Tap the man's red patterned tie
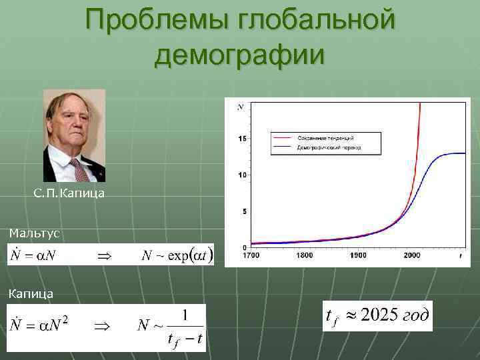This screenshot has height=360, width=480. [81, 170]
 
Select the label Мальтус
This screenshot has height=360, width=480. [35, 233]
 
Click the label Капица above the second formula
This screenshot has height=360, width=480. [31, 293]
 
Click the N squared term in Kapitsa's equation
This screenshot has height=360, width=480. [59, 325]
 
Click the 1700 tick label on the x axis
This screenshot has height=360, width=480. [250, 255]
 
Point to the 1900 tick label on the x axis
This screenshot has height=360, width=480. [357, 255]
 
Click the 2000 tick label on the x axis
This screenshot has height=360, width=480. [411, 255]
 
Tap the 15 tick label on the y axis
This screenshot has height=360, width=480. [242, 138]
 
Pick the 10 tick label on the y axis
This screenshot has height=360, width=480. [242, 175]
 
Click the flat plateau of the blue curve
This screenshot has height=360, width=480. [453, 153]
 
